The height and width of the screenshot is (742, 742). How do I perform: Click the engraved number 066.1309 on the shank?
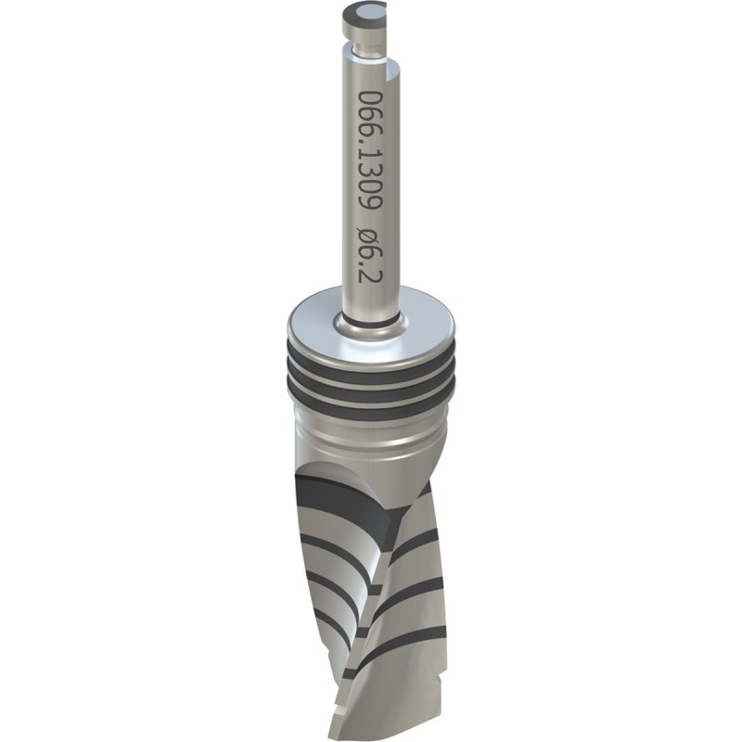pyautogui.click(x=371, y=149)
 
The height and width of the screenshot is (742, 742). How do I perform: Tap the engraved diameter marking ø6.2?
pyautogui.click(x=371, y=254)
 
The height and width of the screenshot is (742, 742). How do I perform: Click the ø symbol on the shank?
pyautogui.click(x=371, y=236)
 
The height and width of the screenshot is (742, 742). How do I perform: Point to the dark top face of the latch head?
pyautogui.click(x=364, y=12)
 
